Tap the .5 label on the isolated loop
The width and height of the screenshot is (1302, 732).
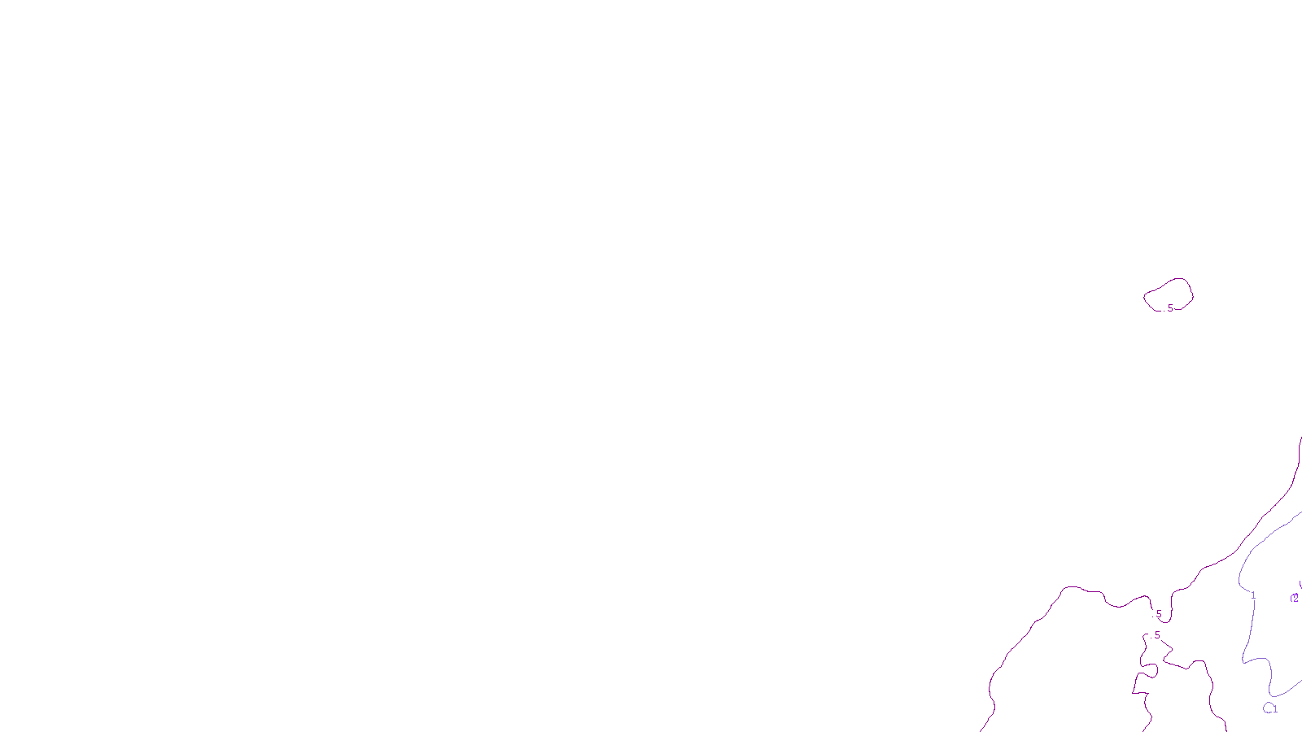(1169, 308)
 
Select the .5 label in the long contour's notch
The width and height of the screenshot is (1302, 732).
(1158, 614)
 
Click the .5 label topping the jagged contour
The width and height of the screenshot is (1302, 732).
(1156, 635)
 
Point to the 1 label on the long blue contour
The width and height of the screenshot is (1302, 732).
(1253, 595)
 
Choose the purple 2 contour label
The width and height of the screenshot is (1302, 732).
(1295, 598)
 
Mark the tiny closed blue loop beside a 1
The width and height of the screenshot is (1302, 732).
(1267, 708)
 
